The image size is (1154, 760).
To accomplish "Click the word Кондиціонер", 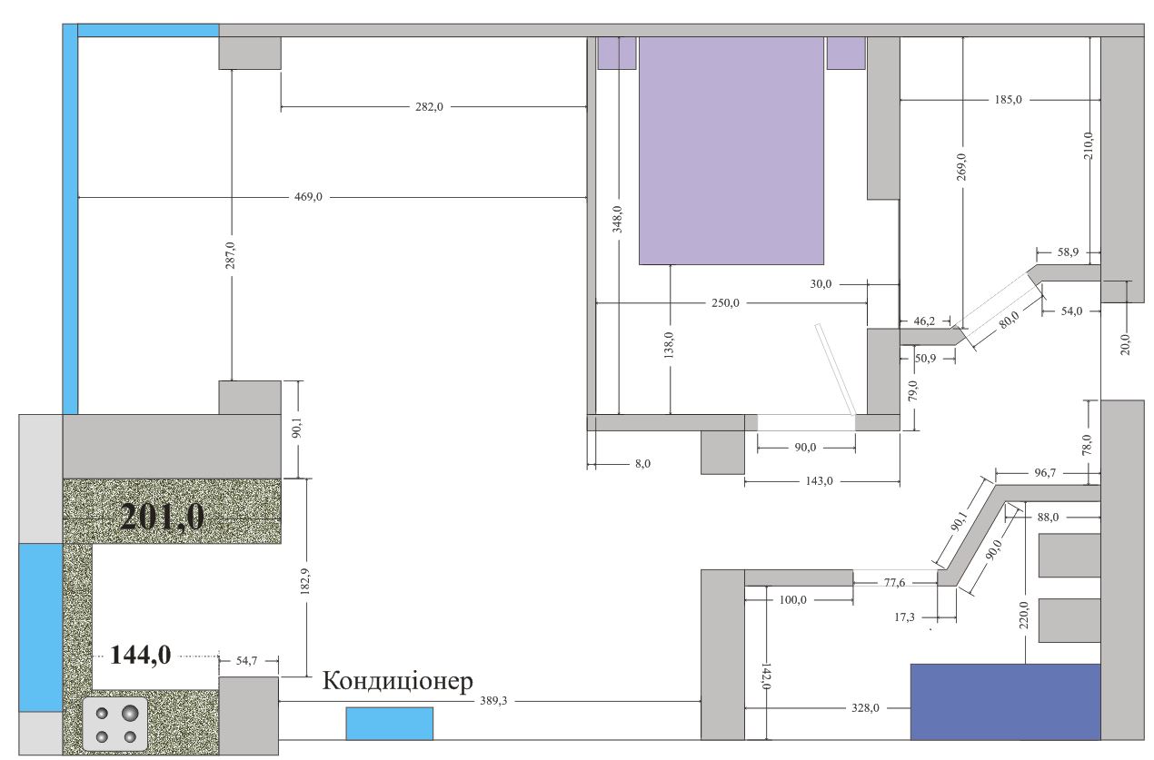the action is (397, 681).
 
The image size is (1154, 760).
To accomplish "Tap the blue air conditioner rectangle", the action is (389, 724).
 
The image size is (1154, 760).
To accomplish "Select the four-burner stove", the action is (114, 724).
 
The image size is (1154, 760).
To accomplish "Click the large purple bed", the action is (731, 151).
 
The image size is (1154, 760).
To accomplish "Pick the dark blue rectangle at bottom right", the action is (1005, 702).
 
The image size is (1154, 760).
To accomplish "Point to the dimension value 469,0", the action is (308, 197).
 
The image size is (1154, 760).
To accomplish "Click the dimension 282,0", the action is (429, 107).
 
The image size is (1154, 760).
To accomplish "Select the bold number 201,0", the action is (162, 517).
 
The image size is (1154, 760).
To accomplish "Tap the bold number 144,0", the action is (140, 656).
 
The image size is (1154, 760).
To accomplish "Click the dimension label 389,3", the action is (493, 701).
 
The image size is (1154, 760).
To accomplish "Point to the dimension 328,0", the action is (865, 708).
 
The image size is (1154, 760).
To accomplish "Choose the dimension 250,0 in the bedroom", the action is (725, 302).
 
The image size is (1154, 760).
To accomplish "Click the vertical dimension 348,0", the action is (617, 219).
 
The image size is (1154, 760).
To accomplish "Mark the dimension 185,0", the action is (1009, 99).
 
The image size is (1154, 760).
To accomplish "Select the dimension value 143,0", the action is (819, 481).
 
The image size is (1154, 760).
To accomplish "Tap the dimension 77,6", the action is (894, 582).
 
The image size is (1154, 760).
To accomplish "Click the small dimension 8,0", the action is (642, 463).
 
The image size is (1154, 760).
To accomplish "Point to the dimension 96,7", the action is (1045, 473).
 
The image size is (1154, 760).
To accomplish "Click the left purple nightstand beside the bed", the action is (617, 53).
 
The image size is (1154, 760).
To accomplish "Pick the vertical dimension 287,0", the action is (230, 255).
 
